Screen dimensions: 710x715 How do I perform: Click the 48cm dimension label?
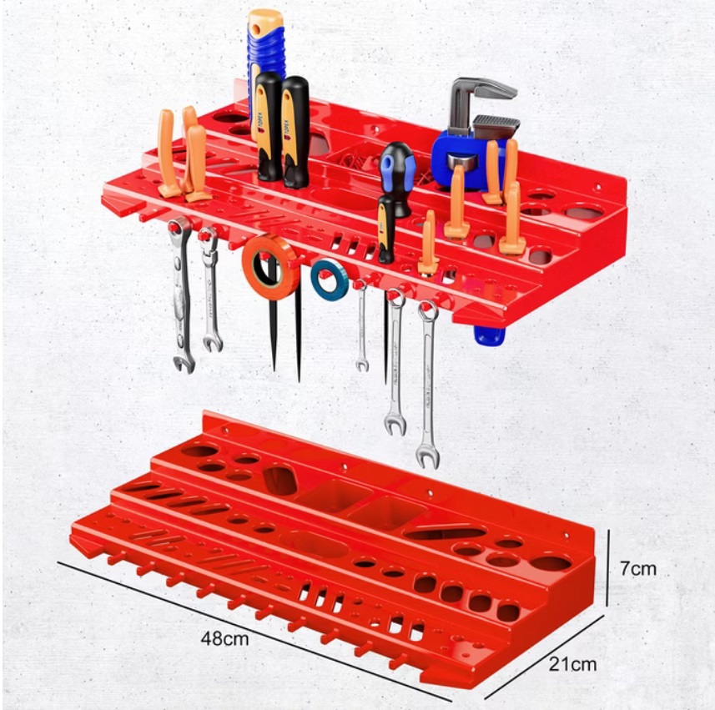coord(224,639)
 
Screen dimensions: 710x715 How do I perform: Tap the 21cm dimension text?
coord(572,664)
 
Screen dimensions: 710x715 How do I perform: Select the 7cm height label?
coord(637,569)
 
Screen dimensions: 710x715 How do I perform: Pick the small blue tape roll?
coord(330,280)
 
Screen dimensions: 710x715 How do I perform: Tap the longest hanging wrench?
coord(428,384)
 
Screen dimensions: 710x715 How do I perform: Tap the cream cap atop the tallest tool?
coord(266,19)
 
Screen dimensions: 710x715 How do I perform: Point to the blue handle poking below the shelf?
coord(490,335)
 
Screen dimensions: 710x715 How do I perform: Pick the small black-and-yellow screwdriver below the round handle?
coord(385,229)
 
